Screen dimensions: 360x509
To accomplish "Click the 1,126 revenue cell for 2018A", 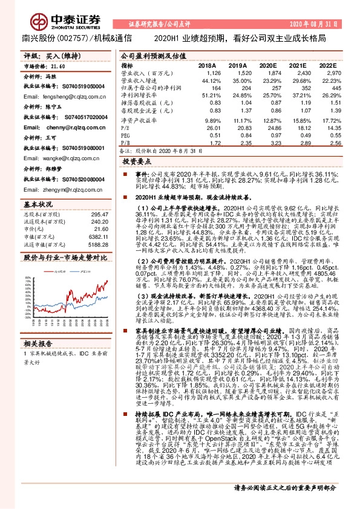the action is tap(207, 72).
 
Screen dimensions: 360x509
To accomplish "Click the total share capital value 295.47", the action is tap(99, 215).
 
